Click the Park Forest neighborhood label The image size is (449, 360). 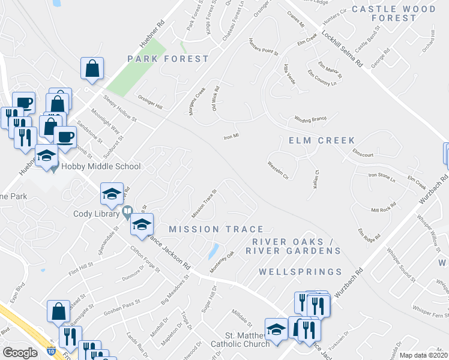tap(168, 59)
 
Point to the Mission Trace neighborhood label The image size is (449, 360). tap(216, 229)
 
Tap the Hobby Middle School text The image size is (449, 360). tap(100, 167)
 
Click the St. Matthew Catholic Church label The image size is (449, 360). tap(240, 340)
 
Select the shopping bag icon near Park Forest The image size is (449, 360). tap(92, 70)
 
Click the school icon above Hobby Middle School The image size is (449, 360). tap(46, 157)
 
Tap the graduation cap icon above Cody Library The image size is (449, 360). tap(112, 194)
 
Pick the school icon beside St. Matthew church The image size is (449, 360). tap(276, 329)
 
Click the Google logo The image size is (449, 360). tap(20, 352)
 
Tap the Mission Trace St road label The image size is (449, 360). tap(203, 205)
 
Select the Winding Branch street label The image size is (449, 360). tap(310, 119)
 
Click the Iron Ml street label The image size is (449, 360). tap(232, 137)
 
